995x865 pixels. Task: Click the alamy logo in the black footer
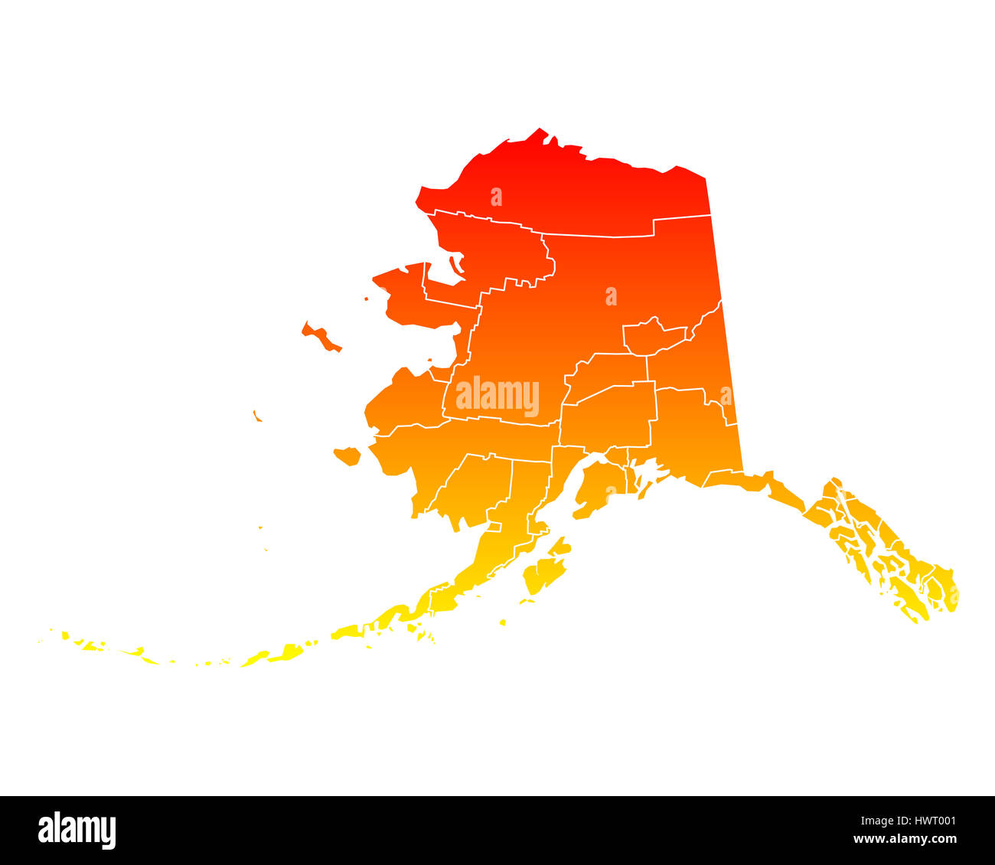pyautogui.click(x=77, y=831)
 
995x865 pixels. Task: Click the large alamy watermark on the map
pyautogui.click(x=497, y=397)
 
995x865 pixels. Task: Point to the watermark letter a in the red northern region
pyautogui.click(x=497, y=197)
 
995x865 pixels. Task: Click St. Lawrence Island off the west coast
pyautogui.click(x=321, y=337)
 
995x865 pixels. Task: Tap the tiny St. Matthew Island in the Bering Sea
pyautogui.click(x=257, y=416)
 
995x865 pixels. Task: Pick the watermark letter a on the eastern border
pyautogui.click(x=726, y=397)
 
